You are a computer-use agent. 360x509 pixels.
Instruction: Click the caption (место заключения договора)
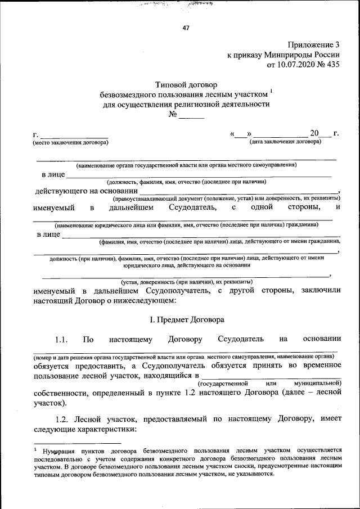click(x=70, y=142)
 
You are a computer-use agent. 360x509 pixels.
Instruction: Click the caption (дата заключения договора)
click(x=286, y=142)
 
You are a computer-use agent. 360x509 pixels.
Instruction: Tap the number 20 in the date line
click(x=314, y=133)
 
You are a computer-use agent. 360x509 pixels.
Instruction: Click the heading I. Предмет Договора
click(x=186, y=319)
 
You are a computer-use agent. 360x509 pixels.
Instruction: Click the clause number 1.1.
click(x=61, y=339)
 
